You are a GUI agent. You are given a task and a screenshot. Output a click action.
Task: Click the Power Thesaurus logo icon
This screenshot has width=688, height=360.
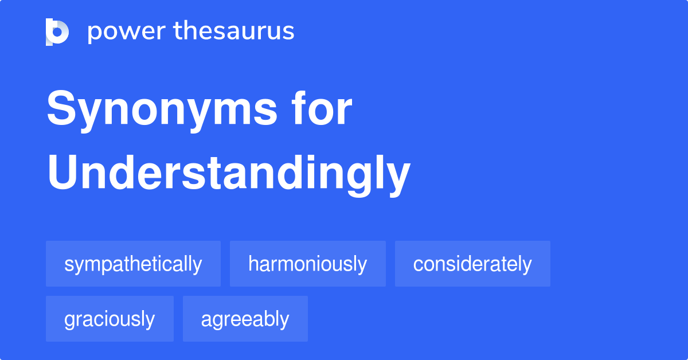click(57, 32)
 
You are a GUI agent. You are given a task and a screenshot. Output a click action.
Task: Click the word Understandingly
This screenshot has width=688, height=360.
click(228, 174)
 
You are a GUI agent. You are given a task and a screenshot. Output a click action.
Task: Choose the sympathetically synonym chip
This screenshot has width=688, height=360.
click(133, 264)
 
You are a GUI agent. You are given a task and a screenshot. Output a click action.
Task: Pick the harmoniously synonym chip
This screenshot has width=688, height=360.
click(307, 264)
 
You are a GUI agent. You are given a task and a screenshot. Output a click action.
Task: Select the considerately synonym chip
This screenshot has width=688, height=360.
click(472, 264)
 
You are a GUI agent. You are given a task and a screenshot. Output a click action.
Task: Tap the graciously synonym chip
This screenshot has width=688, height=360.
click(110, 319)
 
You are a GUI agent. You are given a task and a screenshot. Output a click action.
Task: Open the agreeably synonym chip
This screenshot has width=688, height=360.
click(245, 319)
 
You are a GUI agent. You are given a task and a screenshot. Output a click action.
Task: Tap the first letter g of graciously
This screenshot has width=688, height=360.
click(69, 320)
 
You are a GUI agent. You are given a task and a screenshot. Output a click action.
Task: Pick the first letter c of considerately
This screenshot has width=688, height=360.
click(418, 265)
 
